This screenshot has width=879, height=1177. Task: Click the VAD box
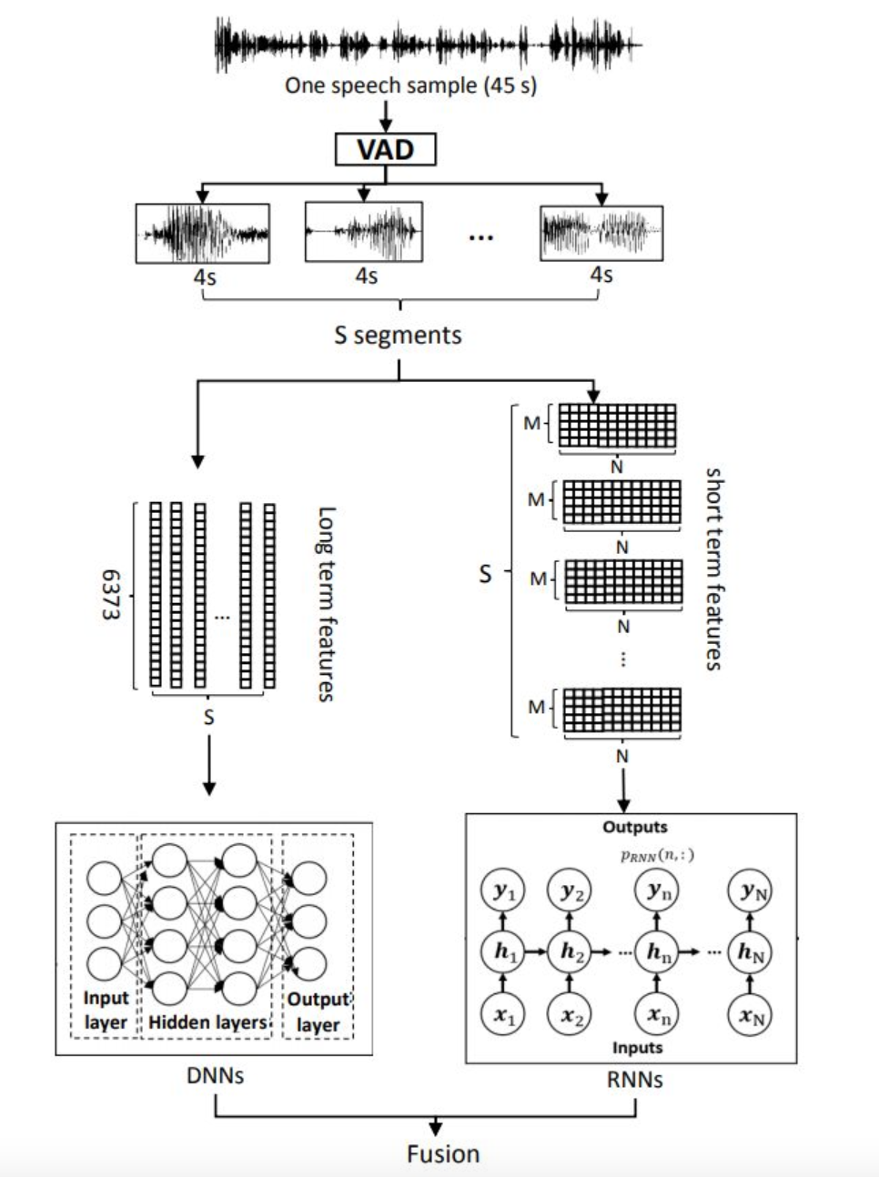(x=385, y=149)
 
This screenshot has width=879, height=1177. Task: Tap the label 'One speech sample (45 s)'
(x=410, y=86)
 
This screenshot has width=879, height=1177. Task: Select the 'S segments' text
(x=398, y=336)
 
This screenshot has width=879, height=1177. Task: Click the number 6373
(x=110, y=595)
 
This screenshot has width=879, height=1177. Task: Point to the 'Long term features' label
(x=326, y=604)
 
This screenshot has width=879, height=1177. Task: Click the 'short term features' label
(x=714, y=569)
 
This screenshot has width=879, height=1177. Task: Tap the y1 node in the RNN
(x=503, y=891)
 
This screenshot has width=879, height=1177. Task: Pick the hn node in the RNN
(x=657, y=951)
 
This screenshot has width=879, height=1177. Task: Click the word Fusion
(x=442, y=1154)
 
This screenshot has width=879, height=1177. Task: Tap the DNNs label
(x=215, y=1076)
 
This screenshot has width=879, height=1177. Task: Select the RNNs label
(x=634, y=1081)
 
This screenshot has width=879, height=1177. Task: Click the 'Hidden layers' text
(x=207, y=1022)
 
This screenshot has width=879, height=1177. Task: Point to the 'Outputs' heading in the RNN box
(x=634, y=827)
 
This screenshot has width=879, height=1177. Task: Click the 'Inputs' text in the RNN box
(x=637, y=1048)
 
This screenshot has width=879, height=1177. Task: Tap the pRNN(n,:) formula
(x=657, y=855)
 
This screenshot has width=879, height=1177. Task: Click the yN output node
(x=751, y=891)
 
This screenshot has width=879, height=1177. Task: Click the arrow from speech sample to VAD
(x=385, y=116)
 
